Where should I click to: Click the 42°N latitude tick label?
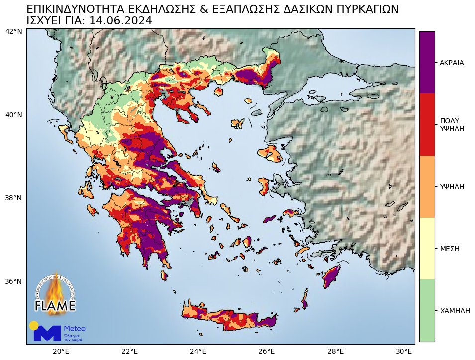pos(13,32)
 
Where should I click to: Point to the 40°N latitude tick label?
pos(13,115)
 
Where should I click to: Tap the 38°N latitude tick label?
pos(13,198)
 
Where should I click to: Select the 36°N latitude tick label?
pos(13,281)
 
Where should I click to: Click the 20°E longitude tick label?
pos(61,351)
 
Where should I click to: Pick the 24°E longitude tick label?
pos(198,351)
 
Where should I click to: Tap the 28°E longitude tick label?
pos(337,351)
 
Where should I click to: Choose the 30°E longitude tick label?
pos(405,351)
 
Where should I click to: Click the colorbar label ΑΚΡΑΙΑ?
pos(452,63)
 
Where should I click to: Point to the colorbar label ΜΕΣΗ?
pos(449,248)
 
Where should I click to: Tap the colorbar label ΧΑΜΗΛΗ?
pos(455,310)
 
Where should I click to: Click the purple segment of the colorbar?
pos(427,62)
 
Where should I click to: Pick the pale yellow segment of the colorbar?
pos(427,248)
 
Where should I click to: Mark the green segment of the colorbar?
pos(427,310)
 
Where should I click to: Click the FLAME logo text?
pos(55,305)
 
